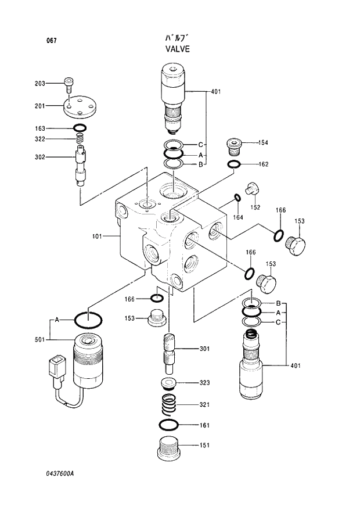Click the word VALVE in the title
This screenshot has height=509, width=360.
coord(177,49)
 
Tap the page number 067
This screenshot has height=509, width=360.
coord(51,40)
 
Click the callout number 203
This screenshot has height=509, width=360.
coord(39,84)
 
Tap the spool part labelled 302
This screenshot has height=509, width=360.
coord(81,166)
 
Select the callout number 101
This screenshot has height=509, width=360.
coord(96,236)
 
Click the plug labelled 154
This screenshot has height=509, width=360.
coord(234,145)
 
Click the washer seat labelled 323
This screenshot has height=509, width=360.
coord(169,383)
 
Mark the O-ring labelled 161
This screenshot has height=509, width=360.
coord(169,424)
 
